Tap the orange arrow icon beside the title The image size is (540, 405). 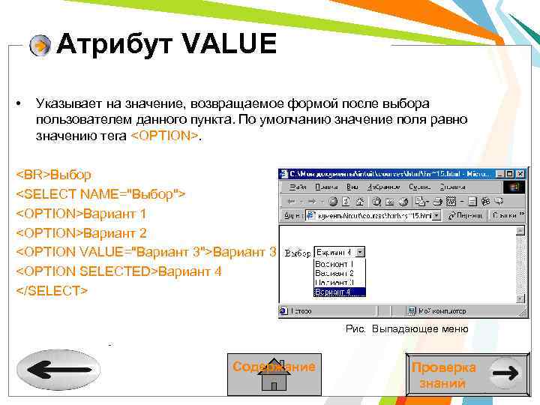[40, 46]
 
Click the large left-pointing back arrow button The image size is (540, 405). [58, 370]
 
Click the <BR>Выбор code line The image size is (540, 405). [54, 175]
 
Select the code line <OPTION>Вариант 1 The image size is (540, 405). [82, 214]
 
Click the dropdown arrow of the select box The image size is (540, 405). [360, 253]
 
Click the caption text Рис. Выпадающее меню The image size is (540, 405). [406, 329]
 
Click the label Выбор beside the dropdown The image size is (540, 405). [297, 253]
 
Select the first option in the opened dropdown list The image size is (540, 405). [334, 264]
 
